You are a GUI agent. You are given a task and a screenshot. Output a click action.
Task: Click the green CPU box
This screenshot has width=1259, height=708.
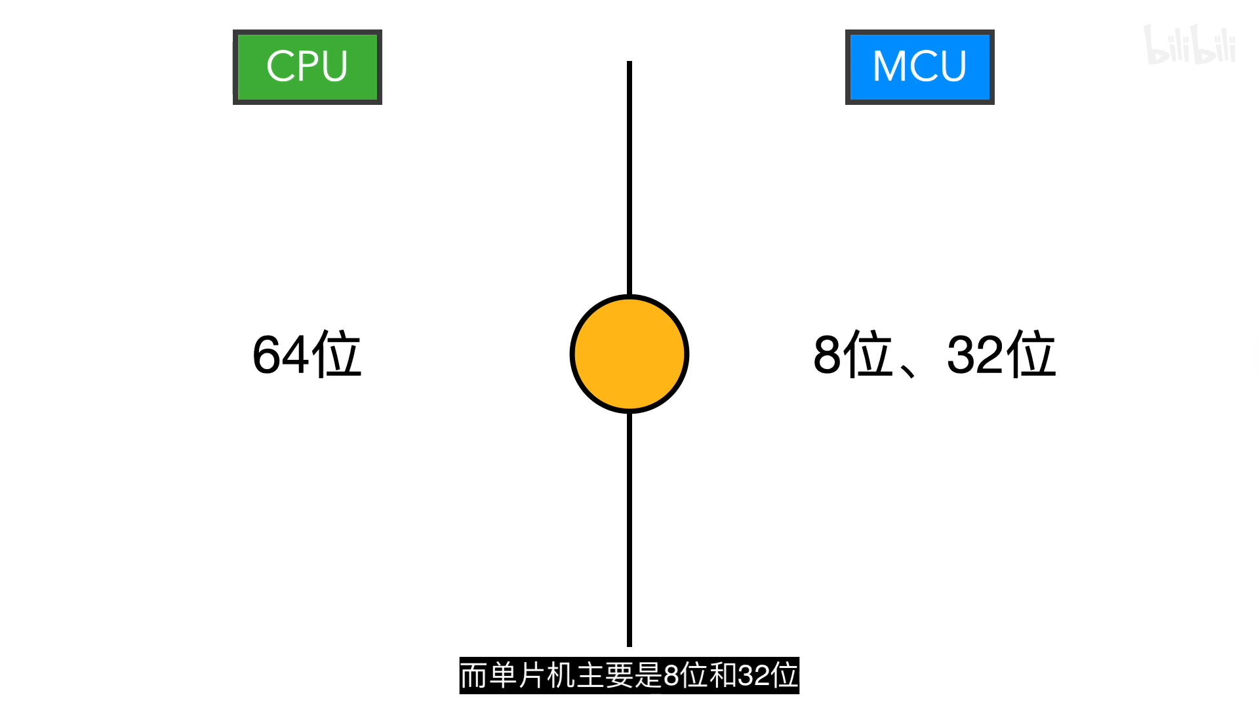[x=307, y=67]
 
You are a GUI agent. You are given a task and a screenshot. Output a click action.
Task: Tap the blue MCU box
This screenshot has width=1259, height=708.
[x=919, y=67]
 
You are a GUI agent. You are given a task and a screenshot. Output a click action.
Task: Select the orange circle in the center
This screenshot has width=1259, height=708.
[x=629, y=354]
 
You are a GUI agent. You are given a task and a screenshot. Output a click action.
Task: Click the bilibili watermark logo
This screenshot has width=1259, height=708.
[x=1189, y=45]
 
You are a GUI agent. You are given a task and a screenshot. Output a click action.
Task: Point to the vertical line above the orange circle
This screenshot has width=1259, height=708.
[x=629, y=177]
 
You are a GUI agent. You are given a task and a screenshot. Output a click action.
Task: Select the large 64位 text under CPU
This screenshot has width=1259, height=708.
[x=307, y=355]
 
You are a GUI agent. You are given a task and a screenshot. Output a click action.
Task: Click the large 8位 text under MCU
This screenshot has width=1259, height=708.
[x=852, y=355]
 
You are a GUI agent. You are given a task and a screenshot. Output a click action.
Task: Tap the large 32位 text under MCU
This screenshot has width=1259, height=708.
[x=1001, y=355]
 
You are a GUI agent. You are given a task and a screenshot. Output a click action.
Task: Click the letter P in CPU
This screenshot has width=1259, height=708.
[x=306, y=66]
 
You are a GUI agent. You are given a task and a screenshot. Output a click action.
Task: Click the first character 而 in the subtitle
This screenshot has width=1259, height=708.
[x=473, y=675]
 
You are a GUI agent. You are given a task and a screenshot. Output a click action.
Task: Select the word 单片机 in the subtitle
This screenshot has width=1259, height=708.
[x=532, y=675]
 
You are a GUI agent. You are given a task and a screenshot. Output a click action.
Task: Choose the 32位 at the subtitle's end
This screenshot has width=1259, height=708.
[x=768, y=675]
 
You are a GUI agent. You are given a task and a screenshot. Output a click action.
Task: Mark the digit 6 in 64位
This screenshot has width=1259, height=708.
[x=268, y=355]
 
